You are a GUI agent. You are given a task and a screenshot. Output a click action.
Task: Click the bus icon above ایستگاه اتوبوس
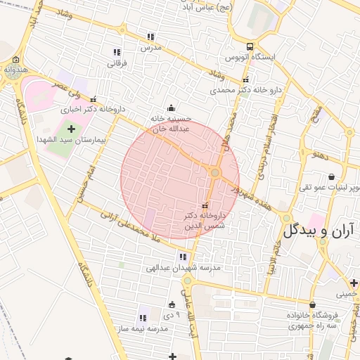point(252,46)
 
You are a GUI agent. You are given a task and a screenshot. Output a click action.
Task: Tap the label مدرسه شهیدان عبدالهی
point(184,269)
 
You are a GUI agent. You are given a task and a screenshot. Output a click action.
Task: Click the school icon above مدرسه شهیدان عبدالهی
point(184,257)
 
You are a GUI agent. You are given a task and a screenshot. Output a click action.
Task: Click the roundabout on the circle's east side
point(216,173)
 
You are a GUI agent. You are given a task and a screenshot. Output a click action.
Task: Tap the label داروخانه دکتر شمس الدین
point(205,221)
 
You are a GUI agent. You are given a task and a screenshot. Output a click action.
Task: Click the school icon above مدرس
point(150,37)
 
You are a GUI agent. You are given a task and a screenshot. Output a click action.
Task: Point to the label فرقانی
point(117,63)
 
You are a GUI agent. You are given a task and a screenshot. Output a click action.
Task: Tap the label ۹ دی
point(173,315)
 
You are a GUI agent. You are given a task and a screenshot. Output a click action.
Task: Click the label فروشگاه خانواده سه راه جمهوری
point(312,320)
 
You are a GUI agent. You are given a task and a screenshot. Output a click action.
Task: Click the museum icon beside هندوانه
point(15,60)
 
